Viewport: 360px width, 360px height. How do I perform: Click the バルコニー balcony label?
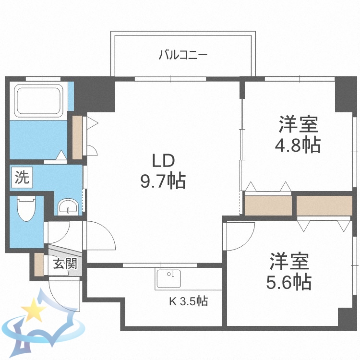(x=183, y=55)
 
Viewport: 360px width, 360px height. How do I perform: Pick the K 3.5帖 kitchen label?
(x=188, y=301)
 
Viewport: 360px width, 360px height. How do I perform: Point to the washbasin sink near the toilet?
(x=69, y=207)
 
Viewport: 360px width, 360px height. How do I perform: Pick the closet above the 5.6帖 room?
(x=324, y=205)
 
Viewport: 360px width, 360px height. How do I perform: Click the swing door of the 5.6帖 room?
(x=240, y=235)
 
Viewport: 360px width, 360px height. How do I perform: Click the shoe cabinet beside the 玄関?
(x=38, y=264)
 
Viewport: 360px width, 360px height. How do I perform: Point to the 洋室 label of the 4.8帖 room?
(x=298, y=124)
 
